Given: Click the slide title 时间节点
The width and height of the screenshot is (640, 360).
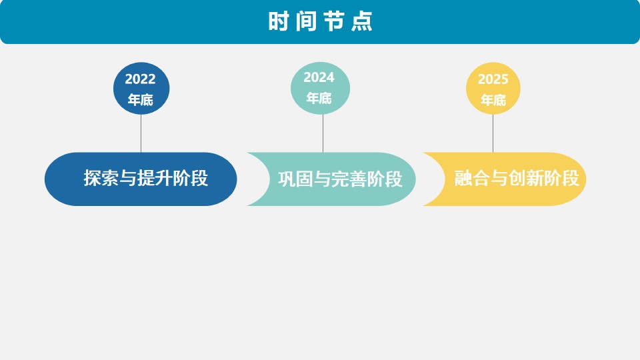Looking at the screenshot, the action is point(321,21).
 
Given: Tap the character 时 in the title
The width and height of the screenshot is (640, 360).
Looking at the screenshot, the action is point(279,21).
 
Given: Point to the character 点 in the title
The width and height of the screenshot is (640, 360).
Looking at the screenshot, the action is point(362,21).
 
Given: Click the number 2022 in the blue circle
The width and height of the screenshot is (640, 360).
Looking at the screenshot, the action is point(141,79).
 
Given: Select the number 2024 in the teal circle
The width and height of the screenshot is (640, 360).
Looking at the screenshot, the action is point(319,77).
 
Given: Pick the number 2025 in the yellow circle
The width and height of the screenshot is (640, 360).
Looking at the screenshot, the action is point(493,79).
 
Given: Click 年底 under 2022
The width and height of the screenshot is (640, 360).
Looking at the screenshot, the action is point(141,99).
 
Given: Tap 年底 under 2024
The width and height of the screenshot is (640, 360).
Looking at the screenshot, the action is point(319,98).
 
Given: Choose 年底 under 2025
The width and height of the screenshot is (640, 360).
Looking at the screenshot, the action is point(493,100).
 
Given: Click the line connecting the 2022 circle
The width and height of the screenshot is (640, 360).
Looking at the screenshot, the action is point(141,133).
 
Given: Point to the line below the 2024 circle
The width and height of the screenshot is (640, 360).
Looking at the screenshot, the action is point(323,133).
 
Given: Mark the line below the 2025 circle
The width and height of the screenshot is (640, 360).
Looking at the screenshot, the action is point(493,133).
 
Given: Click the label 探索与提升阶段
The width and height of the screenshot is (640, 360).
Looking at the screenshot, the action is point(146,178).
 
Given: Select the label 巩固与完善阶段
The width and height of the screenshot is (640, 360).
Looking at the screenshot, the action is point(341,179).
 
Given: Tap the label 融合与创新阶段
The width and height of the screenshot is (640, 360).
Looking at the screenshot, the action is point(517,178).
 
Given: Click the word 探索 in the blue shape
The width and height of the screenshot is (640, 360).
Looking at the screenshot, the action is point(101,178).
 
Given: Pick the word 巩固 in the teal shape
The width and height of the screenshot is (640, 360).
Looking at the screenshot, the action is point(295,179).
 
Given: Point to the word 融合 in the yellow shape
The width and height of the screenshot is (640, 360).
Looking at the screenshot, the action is point(472,178).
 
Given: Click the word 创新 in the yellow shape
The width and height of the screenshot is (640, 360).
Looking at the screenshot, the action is point(526,178).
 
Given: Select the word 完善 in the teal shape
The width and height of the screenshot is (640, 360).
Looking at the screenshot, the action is point(349,179).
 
